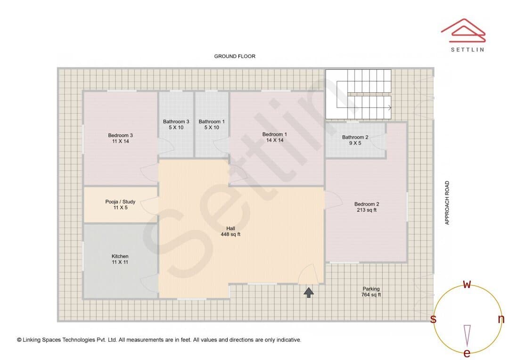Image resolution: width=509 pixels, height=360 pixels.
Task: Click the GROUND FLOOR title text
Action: [x=235, y=56]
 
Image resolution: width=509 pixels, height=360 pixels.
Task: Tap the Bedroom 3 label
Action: [x=121, y=135]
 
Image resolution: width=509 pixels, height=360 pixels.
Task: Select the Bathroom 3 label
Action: [x=176, y=122]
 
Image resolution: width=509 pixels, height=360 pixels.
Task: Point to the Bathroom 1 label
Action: [x=212, y=122]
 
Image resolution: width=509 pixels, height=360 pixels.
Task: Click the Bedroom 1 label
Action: [x=275, y=134]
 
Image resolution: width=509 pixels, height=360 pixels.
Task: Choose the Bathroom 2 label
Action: [x=355, y=137]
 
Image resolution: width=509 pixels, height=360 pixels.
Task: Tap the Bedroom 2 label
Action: [x=367, y=204]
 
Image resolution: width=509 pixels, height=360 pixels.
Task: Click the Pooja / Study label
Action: [x=120, y=202]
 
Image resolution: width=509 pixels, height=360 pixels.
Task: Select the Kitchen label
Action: [x=120, y=256]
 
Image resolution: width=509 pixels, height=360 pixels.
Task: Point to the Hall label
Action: [x=231, y=228]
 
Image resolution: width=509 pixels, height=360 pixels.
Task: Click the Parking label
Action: [x=371, y=288]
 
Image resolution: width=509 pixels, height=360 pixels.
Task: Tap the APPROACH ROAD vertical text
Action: [x=447, y=203]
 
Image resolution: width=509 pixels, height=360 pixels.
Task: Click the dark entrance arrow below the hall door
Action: [x=309, y=292]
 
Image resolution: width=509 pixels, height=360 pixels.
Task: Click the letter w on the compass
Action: [x=467, y=284]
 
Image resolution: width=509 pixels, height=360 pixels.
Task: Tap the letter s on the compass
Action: [x=433, y=319]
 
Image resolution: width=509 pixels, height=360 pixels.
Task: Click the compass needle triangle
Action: [x=467, y=335]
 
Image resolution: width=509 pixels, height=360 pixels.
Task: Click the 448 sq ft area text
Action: [x=230, y=234]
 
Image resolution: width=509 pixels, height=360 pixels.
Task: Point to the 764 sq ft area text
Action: [x=371, y=295]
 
